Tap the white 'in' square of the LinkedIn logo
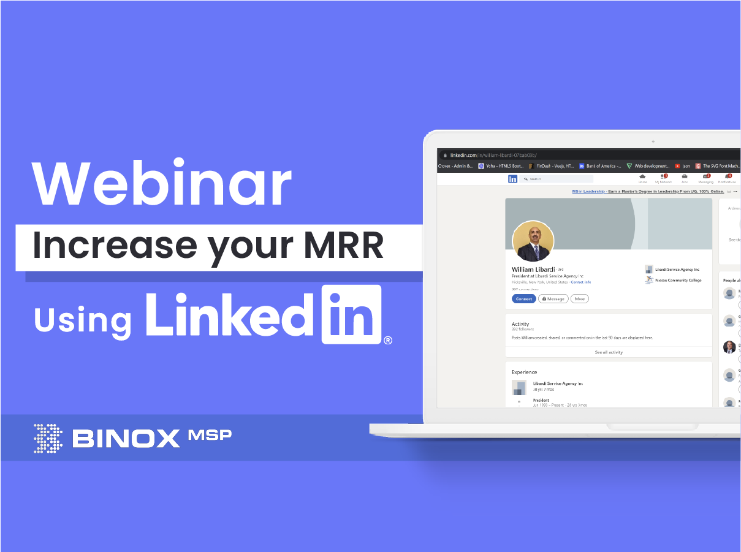point(352,314)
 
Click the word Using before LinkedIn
point(83,320)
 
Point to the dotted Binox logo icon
point(48,438)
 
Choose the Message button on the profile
point(553,299)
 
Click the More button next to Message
point(579,299)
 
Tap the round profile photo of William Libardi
point(533,241)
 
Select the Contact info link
point(581,282)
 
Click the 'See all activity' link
point(609,352)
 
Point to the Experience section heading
point(525,372)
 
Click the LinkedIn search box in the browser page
point(558,179)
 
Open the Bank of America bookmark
point(601,166)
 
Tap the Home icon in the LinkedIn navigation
point(642,178)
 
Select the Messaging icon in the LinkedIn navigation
point(705,178)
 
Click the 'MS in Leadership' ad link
point(588,191)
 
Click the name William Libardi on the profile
point(533,270)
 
